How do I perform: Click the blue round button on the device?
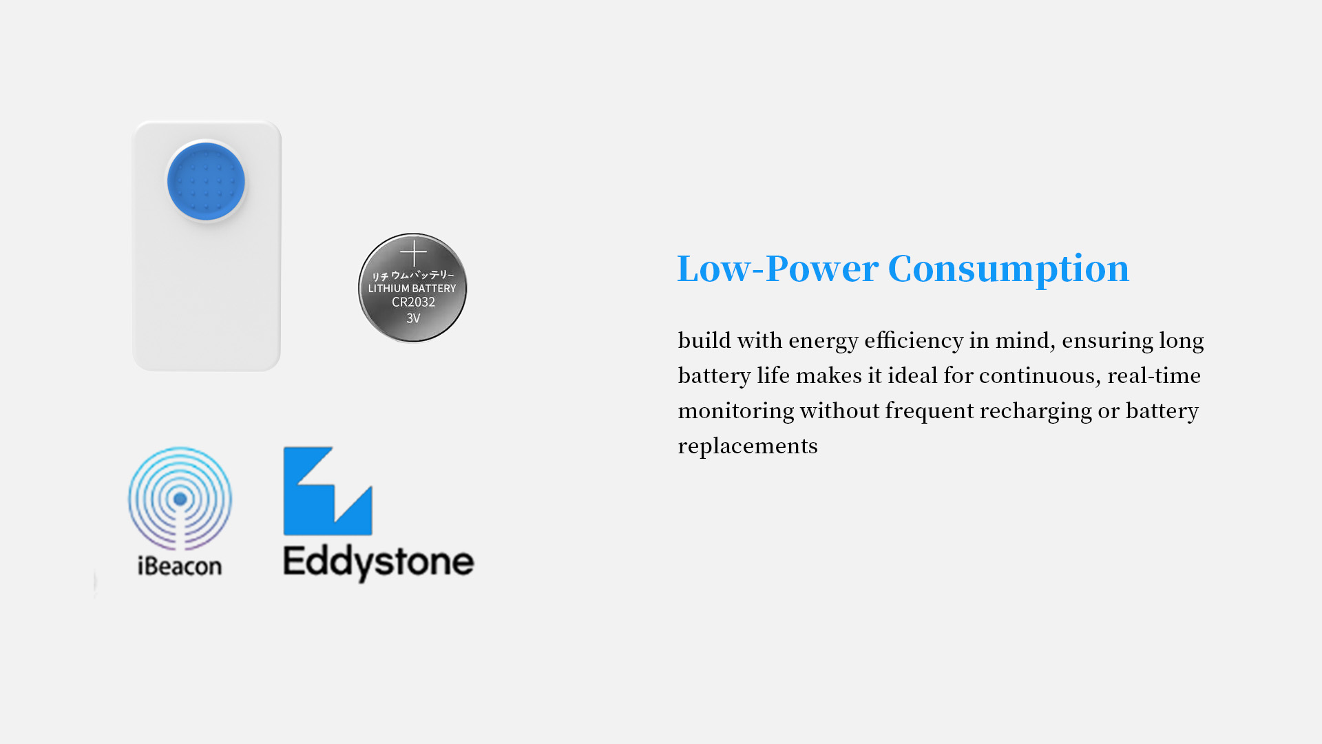[206, 182]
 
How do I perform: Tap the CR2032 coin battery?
[412, 288]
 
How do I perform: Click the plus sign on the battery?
[413, 253]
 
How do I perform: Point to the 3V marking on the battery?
[413, 318]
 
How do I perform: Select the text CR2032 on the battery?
[413, 302]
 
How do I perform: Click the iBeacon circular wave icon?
[180, 498]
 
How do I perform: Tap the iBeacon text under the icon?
[180, 566]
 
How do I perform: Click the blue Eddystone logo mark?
[328, 491]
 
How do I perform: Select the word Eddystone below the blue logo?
[379, 563]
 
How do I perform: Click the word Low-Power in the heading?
[778, 268]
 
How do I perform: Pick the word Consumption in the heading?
[1009, 269]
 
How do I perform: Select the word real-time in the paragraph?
[1154, 375]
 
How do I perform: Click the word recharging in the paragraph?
[1036, 411]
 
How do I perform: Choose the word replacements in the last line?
[748, 446]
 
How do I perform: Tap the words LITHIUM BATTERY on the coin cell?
[412, 289]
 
